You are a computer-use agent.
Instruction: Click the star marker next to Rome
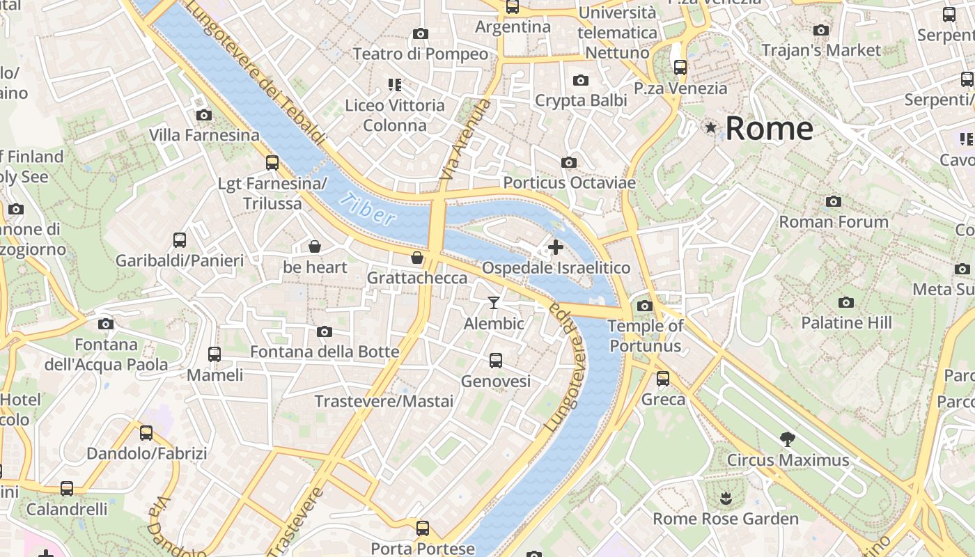tap(710, 127)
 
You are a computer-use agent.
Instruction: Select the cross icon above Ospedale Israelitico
tap(556, 246)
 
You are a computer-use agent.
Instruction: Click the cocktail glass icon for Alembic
tap(494, 302)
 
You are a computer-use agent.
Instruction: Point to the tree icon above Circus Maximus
tap(788, 439)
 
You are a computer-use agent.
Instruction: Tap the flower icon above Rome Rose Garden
tap(725, 498)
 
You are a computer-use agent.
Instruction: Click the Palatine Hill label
tap(846, 322)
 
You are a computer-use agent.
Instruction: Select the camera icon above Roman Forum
tap(833, 202)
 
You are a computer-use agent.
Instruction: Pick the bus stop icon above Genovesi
tap(495, 360)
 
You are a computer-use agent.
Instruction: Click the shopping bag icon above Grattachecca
tap(417, 258)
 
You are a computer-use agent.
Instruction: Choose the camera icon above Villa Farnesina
tap(203, 115)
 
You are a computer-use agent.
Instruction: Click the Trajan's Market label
tap(821, 50)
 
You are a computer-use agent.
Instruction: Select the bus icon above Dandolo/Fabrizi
tap(146, 432)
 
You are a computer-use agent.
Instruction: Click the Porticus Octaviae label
tap(569, 182)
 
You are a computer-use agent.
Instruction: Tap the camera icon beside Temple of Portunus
tap(644, 306)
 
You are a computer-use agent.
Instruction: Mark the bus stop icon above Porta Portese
tap(422, 527)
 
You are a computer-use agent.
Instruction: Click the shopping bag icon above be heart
tap(315, 246)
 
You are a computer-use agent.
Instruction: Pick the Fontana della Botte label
tap(325, 352)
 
